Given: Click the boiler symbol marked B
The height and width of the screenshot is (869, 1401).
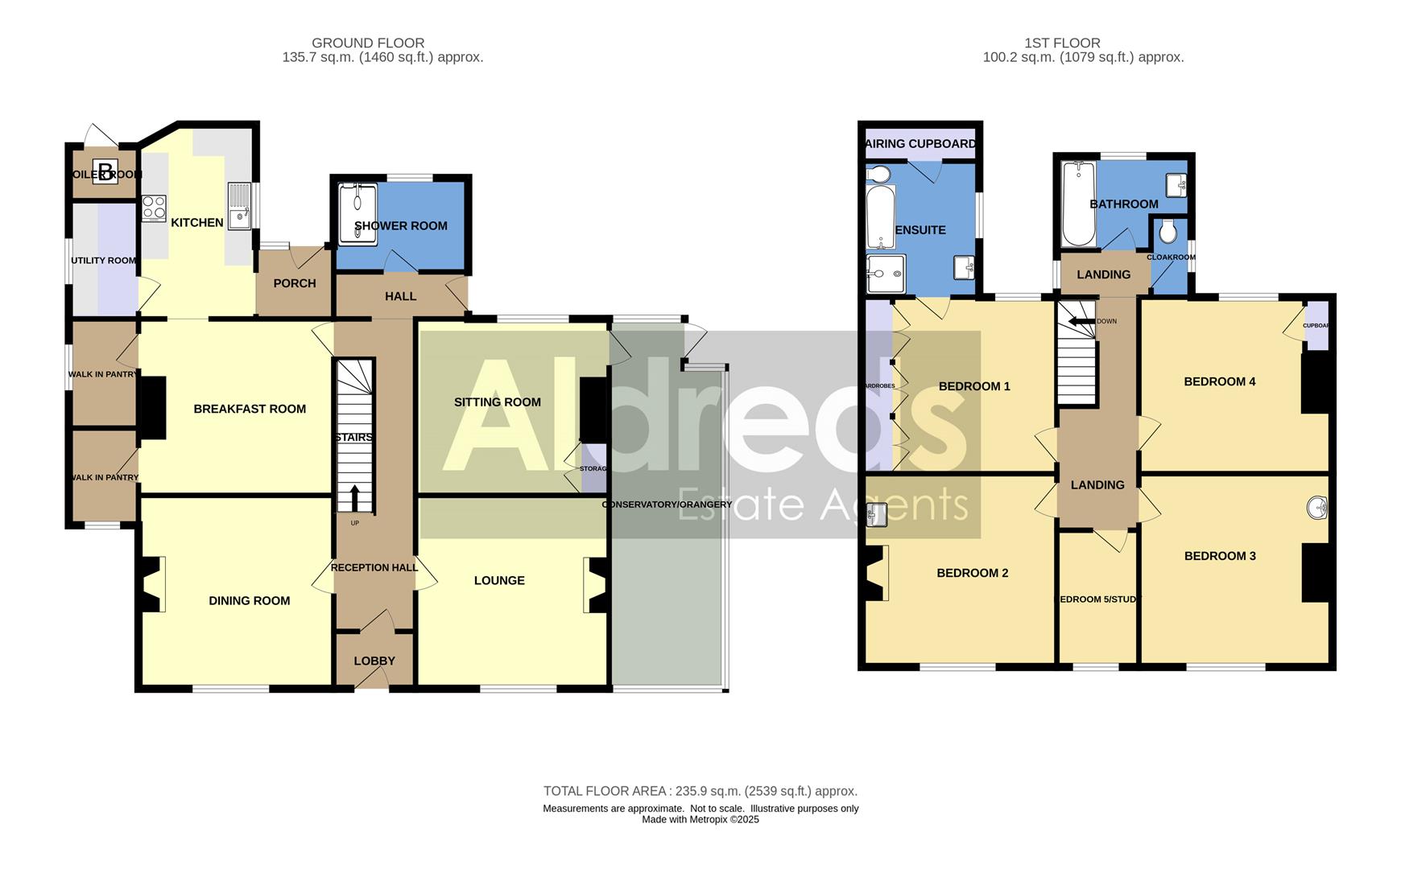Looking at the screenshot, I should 105,173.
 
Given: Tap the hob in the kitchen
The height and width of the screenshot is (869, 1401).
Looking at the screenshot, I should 154,208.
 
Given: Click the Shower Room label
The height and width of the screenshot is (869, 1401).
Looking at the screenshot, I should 401,226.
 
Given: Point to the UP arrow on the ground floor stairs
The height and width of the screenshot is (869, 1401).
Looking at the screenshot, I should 354,498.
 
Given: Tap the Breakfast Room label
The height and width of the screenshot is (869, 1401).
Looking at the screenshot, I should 250,409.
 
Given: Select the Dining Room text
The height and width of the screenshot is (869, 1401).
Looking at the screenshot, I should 249,600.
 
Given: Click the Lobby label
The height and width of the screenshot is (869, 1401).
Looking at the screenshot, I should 374,661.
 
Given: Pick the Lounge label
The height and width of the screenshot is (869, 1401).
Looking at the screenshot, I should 499,580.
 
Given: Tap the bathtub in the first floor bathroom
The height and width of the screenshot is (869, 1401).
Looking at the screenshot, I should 1078,204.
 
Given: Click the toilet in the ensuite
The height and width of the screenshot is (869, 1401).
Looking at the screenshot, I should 878,175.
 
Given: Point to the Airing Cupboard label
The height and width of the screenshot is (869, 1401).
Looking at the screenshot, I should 920,144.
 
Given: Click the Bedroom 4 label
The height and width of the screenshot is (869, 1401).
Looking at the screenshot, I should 1219,381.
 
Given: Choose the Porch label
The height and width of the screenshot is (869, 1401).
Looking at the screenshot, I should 294,283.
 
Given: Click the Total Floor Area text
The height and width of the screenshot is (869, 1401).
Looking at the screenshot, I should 700,791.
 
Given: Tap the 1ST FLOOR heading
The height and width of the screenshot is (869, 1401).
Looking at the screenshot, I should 1062,43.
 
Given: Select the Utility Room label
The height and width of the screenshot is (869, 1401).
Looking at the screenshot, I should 103,261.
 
